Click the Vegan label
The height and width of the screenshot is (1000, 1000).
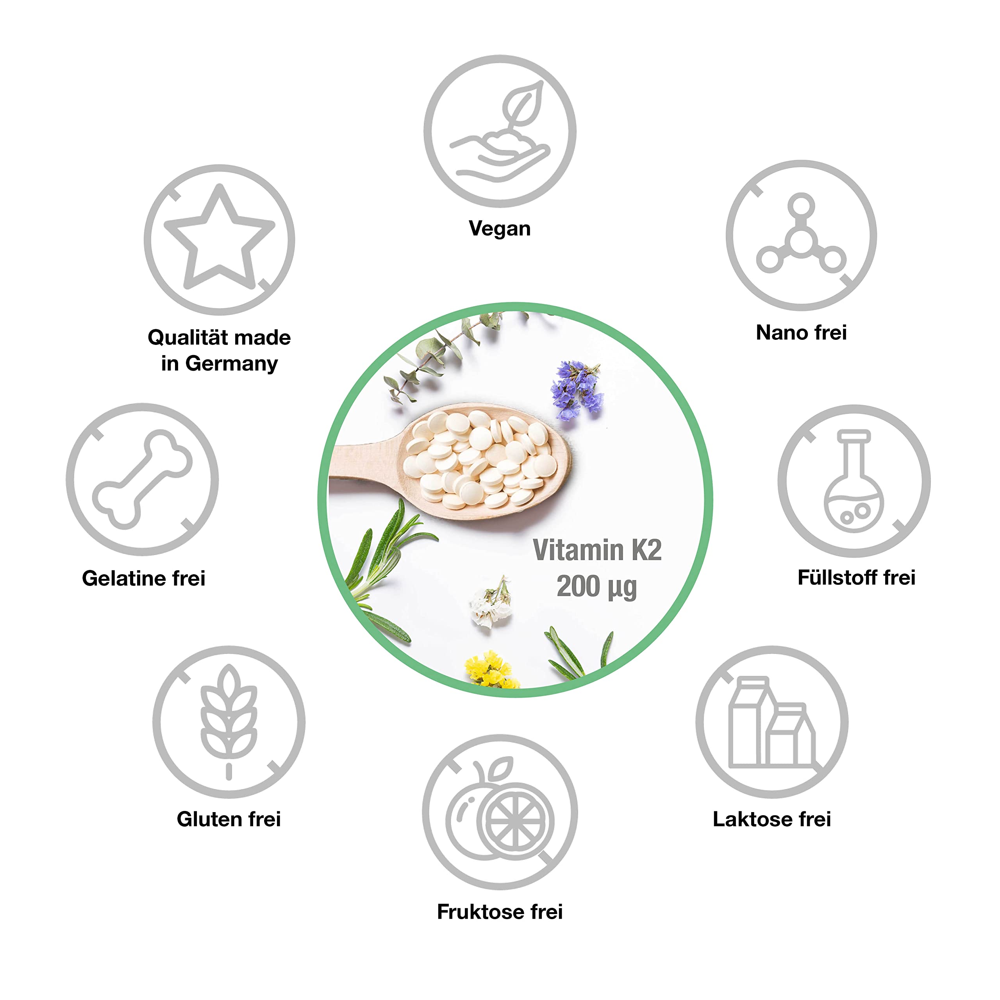pyautogui.click(x=500, y=228)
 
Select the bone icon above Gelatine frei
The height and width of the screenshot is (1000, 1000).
pyautogui.click(x=142, y=479)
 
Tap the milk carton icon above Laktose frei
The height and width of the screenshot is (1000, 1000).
pyautogui.click(x=771, y=722)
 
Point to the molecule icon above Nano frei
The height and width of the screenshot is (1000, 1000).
pyautogui.click(x=801, y=236)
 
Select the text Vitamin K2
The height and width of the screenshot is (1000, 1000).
pyautogui.click(x=597, y=550)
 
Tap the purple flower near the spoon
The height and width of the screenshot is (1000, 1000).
pyautogui.click(x=577, y=388)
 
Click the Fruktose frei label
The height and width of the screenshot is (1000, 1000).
pyautogui.click(x=500, y=911)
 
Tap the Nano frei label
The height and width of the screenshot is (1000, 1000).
pyautogui.click(x=801, y=332)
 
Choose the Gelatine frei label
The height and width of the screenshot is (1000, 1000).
pyautogui.click(x=143, y=578)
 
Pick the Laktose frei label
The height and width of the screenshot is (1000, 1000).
pyautogui.click(x=771, y=819)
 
